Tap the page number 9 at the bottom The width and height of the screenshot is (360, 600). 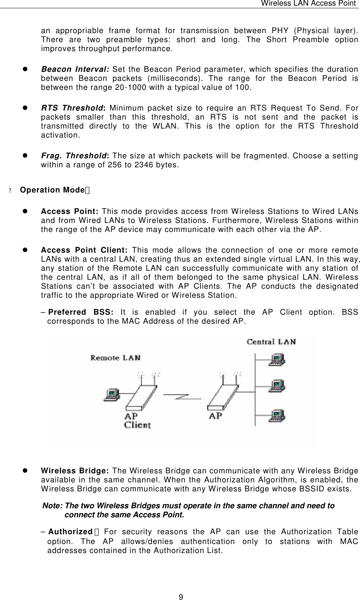tap(181, 597)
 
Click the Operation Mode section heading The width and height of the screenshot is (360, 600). tap(52, 190)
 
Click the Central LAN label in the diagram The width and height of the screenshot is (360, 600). tap(271, 342)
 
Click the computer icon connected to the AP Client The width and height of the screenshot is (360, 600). tap(111, 394)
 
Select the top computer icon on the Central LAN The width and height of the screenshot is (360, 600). tap(276, 360)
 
